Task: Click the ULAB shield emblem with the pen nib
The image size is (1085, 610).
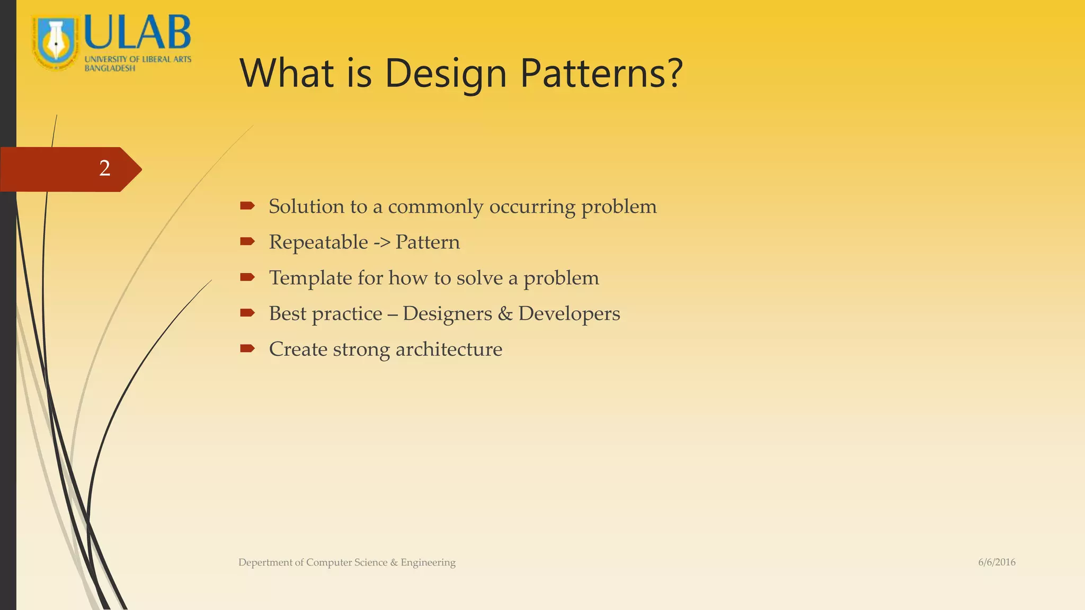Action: pyautogui.click(x=56, y=42)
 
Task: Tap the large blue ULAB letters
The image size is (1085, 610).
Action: pyautogui.click(x=137, y=33)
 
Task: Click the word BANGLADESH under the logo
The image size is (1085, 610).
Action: pyautogui.click(x=110, y=68)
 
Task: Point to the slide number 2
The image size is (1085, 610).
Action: pyautogui.click(x=105, y=168)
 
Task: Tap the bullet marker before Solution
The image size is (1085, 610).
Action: pyautogui.click(x=247, y=206)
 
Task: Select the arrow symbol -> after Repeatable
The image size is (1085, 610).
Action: pyautogui.click(x=381, y=243)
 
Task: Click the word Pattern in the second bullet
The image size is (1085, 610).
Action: pyautogui.click(x=428, y=243)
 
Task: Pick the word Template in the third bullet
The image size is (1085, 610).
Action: pyautogui.click(x=310, y=278)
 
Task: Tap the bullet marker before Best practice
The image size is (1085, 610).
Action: pyautogui.click(x=247, y=313)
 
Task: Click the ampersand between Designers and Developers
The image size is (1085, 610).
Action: pyautogui.click(x=505, y=313)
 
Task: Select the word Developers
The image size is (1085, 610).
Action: pyautogui.click(x=569, y=313)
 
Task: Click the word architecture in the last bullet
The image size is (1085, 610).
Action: pyautogui.click(x=449, y=349)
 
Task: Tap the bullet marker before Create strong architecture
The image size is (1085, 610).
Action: pyautogui.click(x=247, y=348)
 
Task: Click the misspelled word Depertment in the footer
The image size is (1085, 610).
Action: pyautogui.click(x=265, y=562)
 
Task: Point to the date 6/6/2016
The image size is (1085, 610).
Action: pyautogui.click(x=997, y=562)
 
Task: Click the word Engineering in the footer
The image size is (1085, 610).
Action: pyautogui.click(x=428, y=562)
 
